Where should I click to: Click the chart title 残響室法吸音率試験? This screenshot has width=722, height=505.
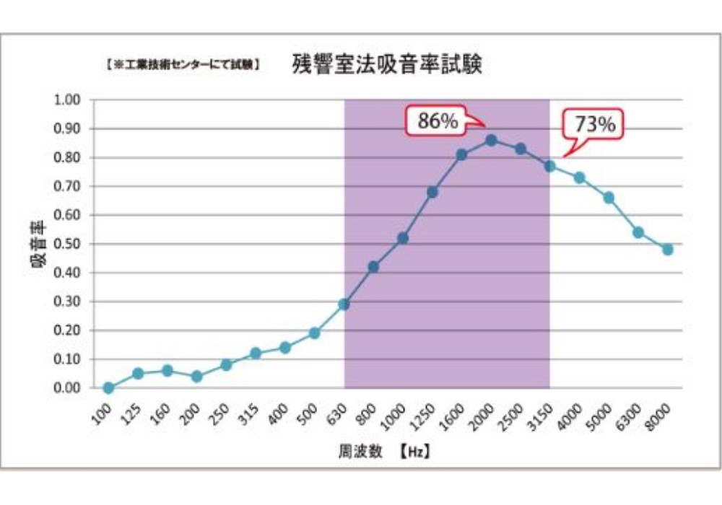(x=387, y=65)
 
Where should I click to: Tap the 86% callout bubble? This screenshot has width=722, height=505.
(x=438, y=122)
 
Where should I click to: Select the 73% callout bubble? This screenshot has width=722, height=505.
(x=594, y=124)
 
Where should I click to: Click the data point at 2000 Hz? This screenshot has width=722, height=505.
(x=491, y=140)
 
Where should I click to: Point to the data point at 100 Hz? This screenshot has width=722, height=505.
(x=108, y=388)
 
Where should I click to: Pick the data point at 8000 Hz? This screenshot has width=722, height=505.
(x=668, y=250)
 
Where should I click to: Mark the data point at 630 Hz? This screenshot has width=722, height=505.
(x=344, y=304)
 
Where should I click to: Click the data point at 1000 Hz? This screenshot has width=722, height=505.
(x=403, y=238)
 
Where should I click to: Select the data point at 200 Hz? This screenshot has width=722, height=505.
(x=196, y=377)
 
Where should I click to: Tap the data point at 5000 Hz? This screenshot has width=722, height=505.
(x=609, y=198)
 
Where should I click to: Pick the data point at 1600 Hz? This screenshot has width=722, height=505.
(x=462, y=154)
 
